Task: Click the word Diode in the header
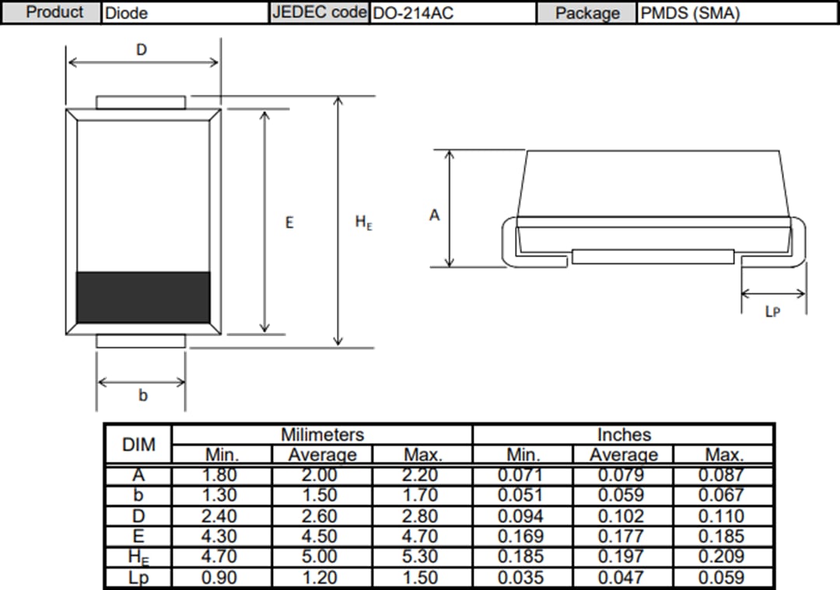126,12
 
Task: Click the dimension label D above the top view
142,50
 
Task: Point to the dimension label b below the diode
142,396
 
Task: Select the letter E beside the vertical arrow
289,222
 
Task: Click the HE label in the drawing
363,222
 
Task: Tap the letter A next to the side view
434,215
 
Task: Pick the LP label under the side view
772,311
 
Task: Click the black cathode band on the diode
143,297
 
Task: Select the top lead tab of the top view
141,103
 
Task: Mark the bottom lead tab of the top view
141,341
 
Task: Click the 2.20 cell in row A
422,475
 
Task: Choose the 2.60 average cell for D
322,516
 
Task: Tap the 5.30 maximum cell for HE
422,557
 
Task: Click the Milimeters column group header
322,435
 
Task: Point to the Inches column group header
624,435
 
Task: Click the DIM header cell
138,445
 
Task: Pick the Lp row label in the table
138,578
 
